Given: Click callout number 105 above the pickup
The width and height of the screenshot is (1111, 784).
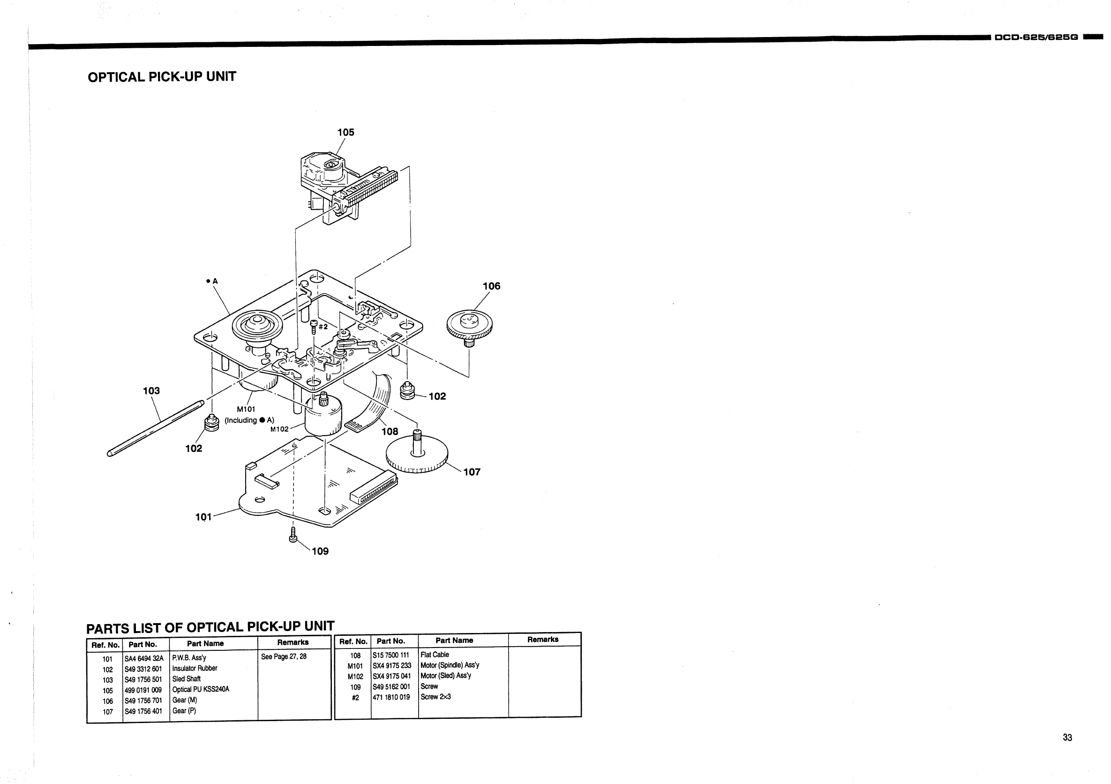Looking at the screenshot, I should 345,132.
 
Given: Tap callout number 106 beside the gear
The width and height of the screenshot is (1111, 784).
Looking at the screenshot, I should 491,286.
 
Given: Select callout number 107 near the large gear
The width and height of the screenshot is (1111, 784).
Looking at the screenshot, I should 472,472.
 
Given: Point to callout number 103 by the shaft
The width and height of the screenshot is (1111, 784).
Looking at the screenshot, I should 151,391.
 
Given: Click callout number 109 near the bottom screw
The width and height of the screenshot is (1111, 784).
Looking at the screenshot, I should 320,551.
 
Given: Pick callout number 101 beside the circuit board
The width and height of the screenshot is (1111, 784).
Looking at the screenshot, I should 203,517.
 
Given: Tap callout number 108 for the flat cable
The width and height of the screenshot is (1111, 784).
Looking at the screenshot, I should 390,431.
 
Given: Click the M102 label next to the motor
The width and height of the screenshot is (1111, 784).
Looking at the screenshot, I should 279,429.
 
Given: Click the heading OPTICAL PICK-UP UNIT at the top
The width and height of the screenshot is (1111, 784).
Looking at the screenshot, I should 162,77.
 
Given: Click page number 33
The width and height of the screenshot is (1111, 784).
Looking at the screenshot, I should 1067,738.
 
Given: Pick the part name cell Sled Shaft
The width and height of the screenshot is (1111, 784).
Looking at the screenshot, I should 186,679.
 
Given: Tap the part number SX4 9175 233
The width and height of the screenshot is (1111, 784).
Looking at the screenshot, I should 391,665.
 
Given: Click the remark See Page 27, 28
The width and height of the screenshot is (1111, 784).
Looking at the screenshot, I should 284,657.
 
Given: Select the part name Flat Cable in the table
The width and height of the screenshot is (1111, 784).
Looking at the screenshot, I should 435,655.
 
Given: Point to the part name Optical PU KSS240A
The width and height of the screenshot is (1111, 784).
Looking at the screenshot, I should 200,689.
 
